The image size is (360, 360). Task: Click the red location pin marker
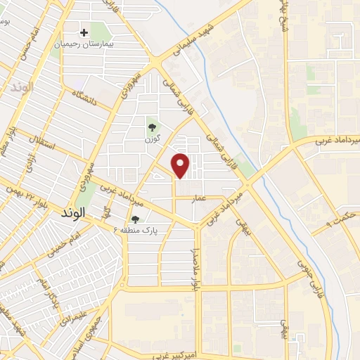tap(181, 165)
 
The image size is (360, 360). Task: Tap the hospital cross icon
tap(84, 32)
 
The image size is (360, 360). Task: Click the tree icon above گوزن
tap(152, 127)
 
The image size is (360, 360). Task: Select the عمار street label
tap(200, 198)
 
